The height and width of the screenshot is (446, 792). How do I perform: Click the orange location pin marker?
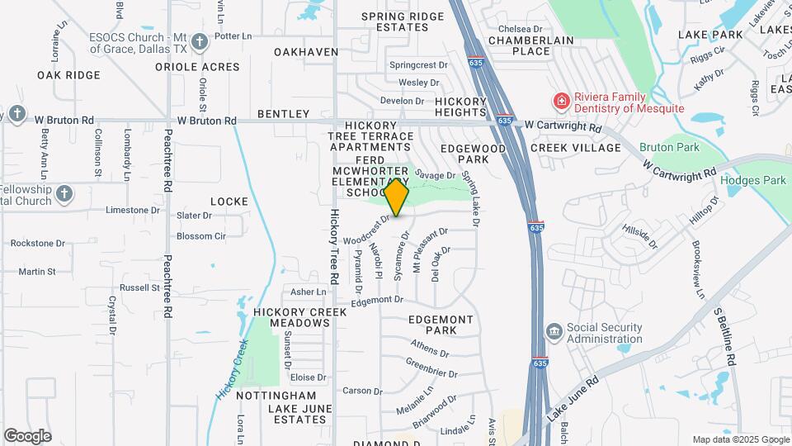click(x=397, y=197)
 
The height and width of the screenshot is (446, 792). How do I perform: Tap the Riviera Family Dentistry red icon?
click(x=561, y=102)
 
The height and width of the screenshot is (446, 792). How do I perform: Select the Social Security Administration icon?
click(x=554, y=332)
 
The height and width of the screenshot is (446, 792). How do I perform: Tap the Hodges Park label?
click(x=752, y=180)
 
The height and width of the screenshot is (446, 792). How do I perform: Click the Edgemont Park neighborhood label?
click(x=441, y=325)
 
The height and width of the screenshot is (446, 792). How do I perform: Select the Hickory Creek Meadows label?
click(x=292, y=317)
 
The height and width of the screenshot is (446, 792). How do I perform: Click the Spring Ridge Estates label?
click(x=391, y=21)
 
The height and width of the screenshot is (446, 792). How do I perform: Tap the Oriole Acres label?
click(x=203, y=67)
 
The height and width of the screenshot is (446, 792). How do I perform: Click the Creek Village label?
click(x=575, y=148)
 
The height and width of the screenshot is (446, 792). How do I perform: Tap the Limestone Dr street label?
click(x=127, y=210)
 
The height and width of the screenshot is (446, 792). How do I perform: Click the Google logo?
click(x=27, y=436)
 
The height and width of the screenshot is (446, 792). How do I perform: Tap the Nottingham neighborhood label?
click(x=276, y=396)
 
